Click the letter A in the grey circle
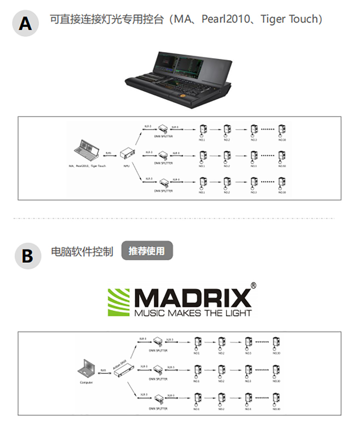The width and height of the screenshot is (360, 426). pyautogui.click(x=25, y=23)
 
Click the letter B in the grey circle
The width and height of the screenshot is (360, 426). pyautogui.click(x=27, y=256)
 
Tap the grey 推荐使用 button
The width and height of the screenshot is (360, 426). pyautogui.click(x=147, y=251)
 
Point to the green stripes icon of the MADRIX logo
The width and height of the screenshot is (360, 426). pyautogui.click(x=119, y=302)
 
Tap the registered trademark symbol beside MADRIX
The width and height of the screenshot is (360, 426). pyautogui.click(x=254, y=285)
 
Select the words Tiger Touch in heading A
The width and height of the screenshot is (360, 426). pyautogui.click(x=291, y=19)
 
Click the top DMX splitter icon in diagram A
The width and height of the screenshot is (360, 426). pyautogui.click(x=164, y=129)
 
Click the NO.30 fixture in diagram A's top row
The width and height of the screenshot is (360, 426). pyautogui.click(x=281, y=130)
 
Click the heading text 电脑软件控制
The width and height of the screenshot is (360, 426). pyautogui.click(x=82, y=252)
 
